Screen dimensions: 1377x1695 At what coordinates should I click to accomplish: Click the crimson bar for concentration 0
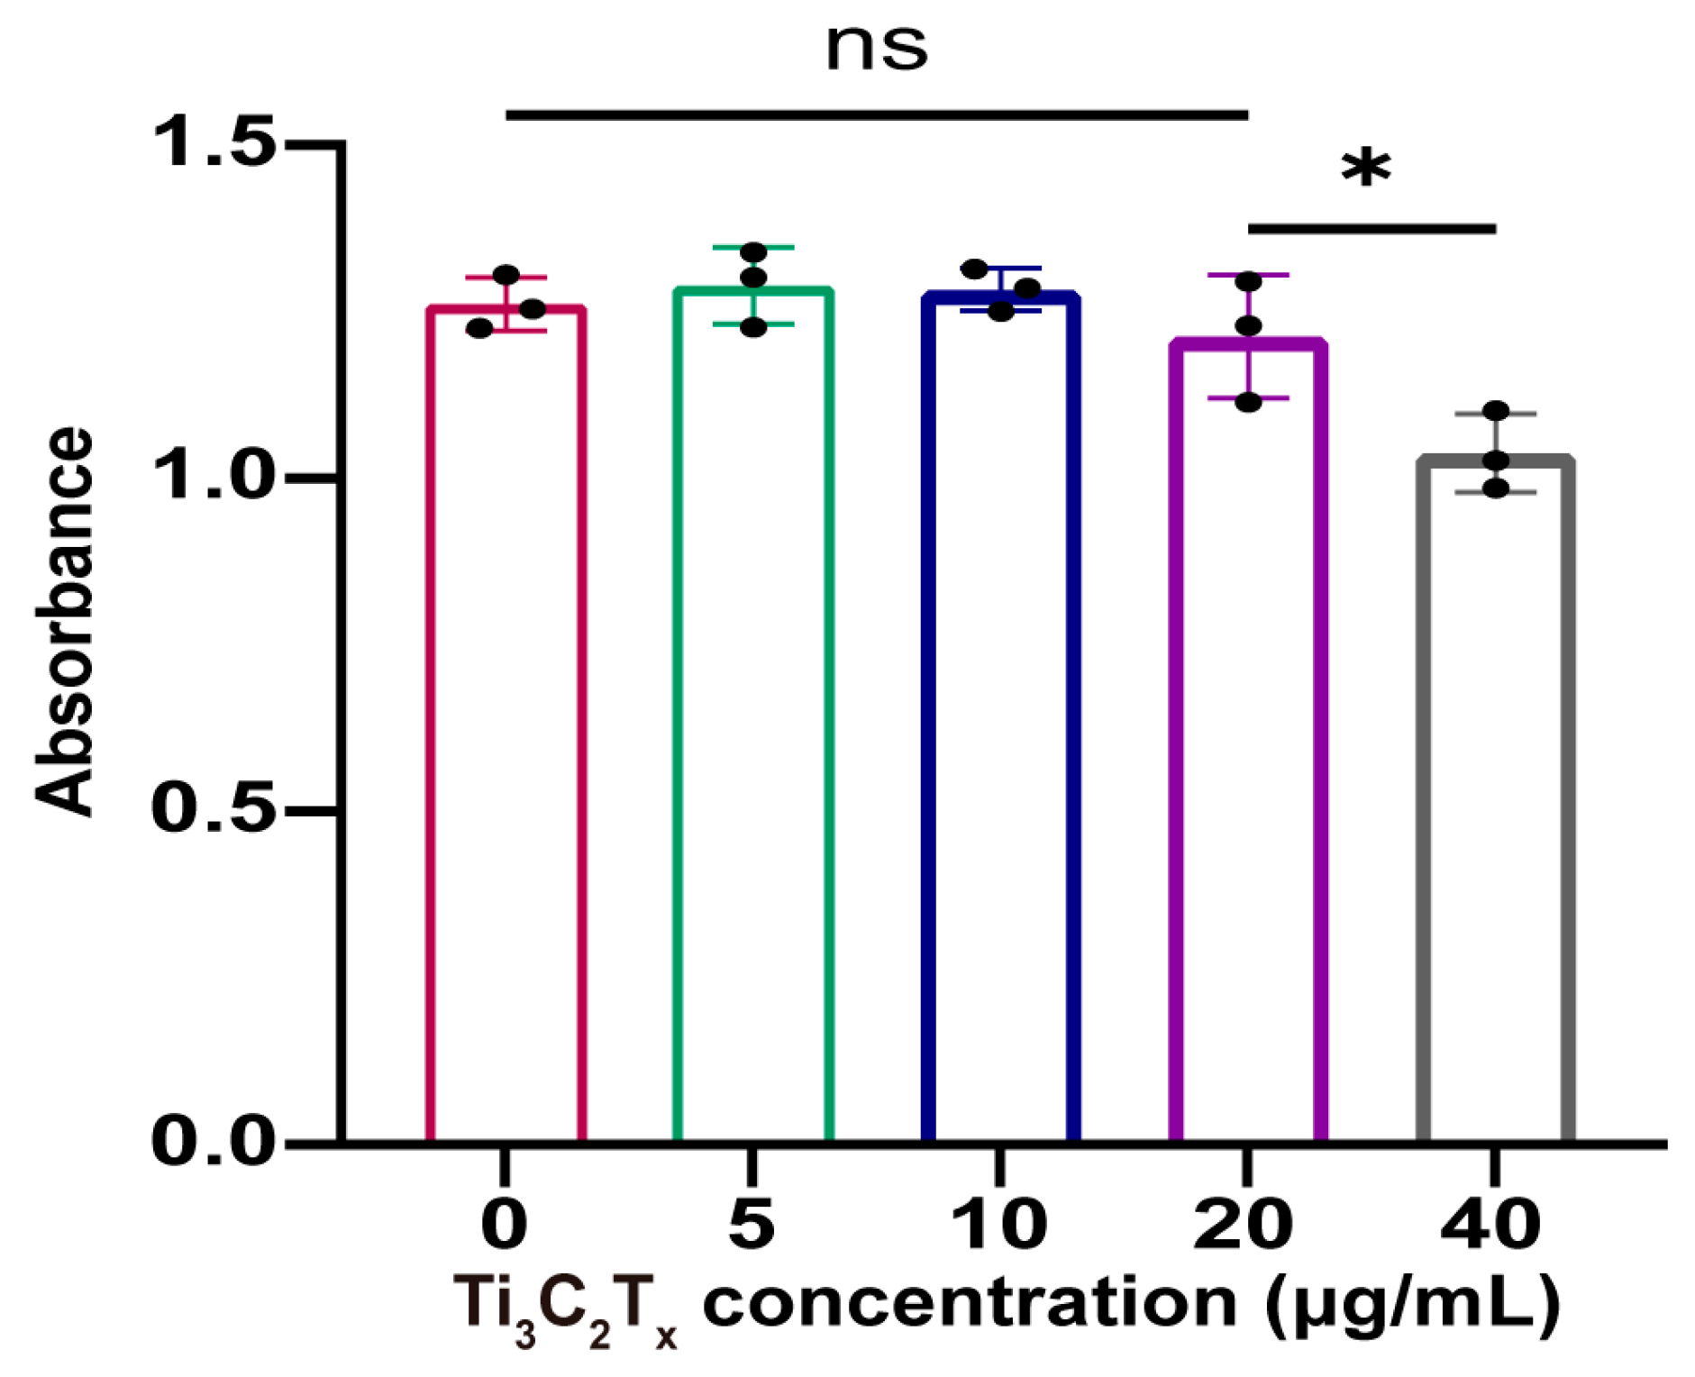(506, 721)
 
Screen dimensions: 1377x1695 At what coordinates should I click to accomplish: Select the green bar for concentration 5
(753, 721)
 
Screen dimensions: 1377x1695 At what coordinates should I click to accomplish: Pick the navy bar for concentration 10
(1000, 721)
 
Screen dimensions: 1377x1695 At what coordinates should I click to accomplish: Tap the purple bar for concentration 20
(1248, 739)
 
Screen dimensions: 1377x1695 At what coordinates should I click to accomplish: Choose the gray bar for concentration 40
(1495, 802)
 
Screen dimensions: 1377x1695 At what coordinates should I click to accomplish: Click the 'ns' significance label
(876, 47)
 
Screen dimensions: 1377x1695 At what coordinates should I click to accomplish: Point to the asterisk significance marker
(1366, 170)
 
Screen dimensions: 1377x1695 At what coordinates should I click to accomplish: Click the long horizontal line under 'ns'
(876, 115)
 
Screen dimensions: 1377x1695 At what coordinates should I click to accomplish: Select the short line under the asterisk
(1371, 229)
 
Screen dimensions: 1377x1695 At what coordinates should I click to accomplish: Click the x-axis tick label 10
(998, 1225)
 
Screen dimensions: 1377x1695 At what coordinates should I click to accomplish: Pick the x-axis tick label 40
(1491, 1225)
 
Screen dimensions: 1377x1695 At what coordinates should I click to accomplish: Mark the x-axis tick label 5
(752, 1225)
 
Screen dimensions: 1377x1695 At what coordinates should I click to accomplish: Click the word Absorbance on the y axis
(65, 622)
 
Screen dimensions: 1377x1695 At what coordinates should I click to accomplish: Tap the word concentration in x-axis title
(969, 1304)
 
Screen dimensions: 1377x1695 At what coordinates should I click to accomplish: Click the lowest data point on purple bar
(1248, 402)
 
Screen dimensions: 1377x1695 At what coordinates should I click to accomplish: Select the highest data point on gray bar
(1496, 411)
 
